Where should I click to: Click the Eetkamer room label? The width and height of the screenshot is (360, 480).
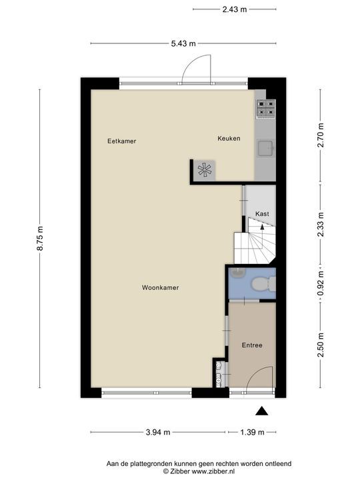[x=121, y=141]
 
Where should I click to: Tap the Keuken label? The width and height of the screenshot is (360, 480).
[x=229, y=139]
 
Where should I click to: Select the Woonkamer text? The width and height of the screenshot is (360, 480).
[x=161, y=288]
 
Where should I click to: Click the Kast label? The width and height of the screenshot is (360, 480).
[x=262, y=213]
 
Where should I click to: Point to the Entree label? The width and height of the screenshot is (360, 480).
[x=252, y=345]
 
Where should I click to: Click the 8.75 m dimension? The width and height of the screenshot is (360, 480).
[x=39, y=238]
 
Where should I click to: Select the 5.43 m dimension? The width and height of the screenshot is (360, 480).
[x=183, y=44]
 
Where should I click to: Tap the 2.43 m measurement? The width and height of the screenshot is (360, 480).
[x=235, y=9]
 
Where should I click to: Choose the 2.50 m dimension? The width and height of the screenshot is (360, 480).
[x=321, y=345]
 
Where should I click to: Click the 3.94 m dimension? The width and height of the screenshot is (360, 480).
[x=158, y=432]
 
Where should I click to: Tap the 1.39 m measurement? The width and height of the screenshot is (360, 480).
[x=252, y=432]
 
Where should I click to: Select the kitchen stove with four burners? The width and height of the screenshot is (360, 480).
[x=265, y=109]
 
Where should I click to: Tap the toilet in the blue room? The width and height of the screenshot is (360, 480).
[x=265, y=283]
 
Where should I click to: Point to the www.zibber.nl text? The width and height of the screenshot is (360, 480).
[x=211, y=471]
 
